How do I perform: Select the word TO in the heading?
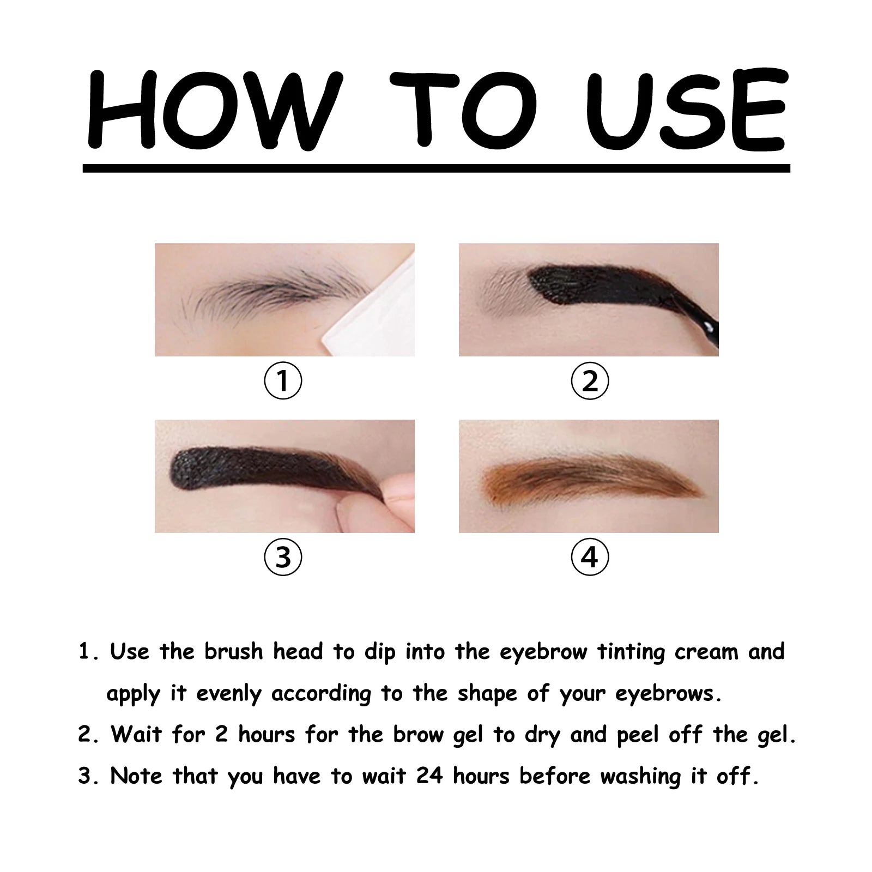pos(463,109)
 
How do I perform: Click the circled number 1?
pos(283,380)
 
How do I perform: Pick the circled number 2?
pos(589,380)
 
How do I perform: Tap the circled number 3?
pos(283,557)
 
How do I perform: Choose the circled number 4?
pos(589,557)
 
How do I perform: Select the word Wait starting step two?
pos(136,735)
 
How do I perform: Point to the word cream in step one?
pos(706,652)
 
